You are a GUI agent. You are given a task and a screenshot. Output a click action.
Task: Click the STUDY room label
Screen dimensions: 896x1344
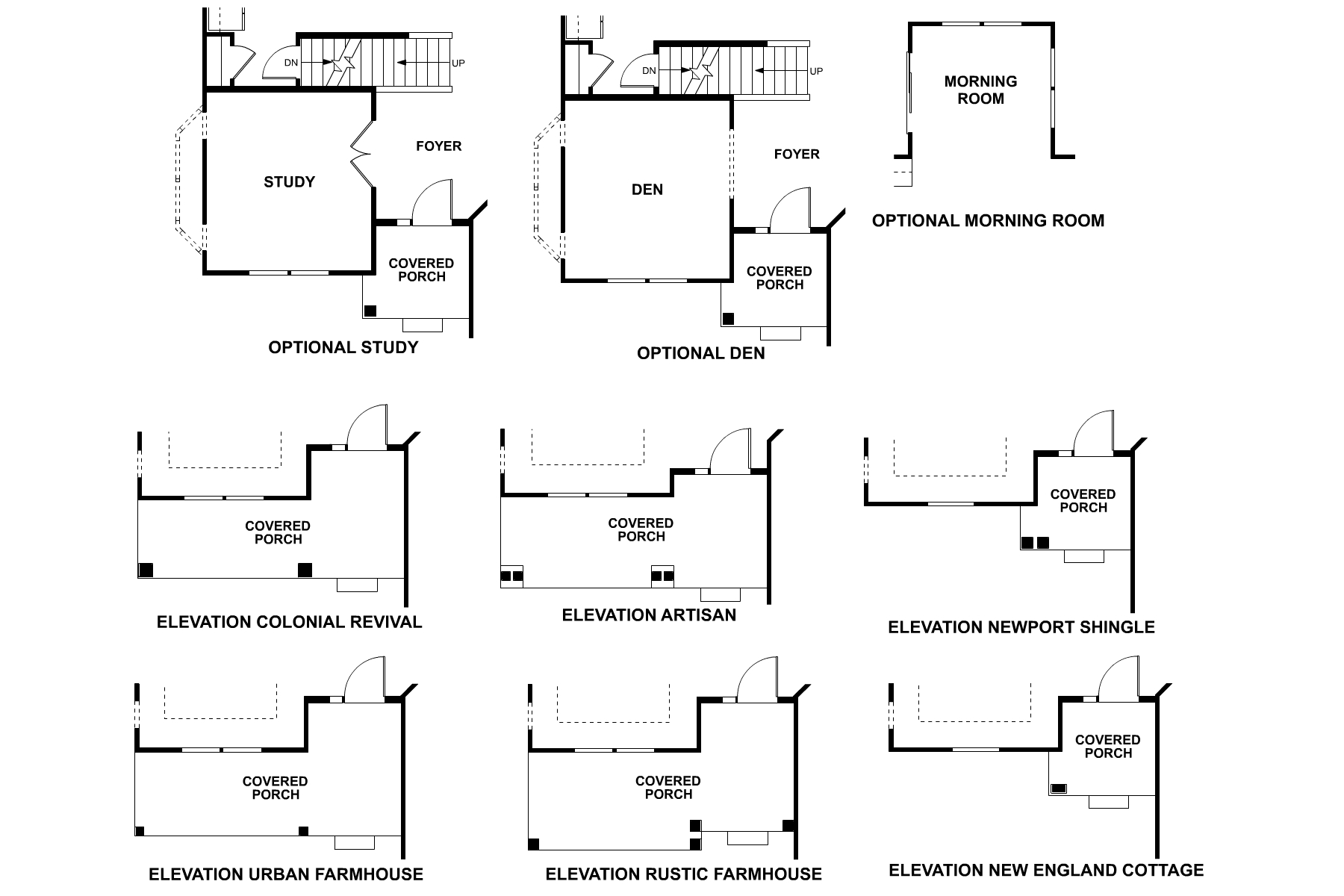tap(289, 182)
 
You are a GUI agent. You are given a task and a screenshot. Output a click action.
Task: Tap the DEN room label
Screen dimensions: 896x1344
tap(647, 190)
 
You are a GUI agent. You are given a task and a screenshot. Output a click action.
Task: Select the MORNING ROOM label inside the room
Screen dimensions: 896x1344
tap(980, 90)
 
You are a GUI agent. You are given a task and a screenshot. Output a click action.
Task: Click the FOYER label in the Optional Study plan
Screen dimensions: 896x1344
tap(438, 146)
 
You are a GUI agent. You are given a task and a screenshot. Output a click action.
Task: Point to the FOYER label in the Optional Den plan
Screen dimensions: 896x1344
tap(797, 155)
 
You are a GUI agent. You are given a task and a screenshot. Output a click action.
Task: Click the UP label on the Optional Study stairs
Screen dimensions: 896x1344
tap(458, 63)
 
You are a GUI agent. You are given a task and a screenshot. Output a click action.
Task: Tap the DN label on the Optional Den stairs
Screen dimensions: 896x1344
tap(649, 71)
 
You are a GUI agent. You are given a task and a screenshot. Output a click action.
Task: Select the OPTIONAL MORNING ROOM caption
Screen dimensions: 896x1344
tap(988, 221)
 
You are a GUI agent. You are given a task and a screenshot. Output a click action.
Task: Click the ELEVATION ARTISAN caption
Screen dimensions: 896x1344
tap(649, 615)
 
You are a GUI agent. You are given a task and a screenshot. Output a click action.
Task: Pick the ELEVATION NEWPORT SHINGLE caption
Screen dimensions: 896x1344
tap(1021, 627)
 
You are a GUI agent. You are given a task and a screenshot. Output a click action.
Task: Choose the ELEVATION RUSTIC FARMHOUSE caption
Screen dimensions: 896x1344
tap(683, 874)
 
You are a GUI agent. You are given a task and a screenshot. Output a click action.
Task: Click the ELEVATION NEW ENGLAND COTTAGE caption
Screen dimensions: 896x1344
tap(1046, 870)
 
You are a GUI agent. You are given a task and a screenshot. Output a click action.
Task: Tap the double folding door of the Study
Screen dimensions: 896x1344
tap(361, 154)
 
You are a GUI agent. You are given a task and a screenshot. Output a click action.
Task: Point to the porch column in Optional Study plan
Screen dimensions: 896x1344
tap(370, 311)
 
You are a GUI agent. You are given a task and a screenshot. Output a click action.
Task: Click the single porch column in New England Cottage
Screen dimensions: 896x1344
tap(1059, 788)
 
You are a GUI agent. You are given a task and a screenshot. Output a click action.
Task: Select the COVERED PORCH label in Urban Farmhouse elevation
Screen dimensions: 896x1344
tap(275, 788)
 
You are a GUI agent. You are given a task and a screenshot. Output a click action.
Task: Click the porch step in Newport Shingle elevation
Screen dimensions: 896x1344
tap(1083, 556)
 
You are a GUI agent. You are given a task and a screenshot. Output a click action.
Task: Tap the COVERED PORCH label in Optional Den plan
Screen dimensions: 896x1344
tap(779, 278)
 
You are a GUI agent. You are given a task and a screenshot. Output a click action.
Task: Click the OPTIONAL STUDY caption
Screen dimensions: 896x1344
tap(343, 348)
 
